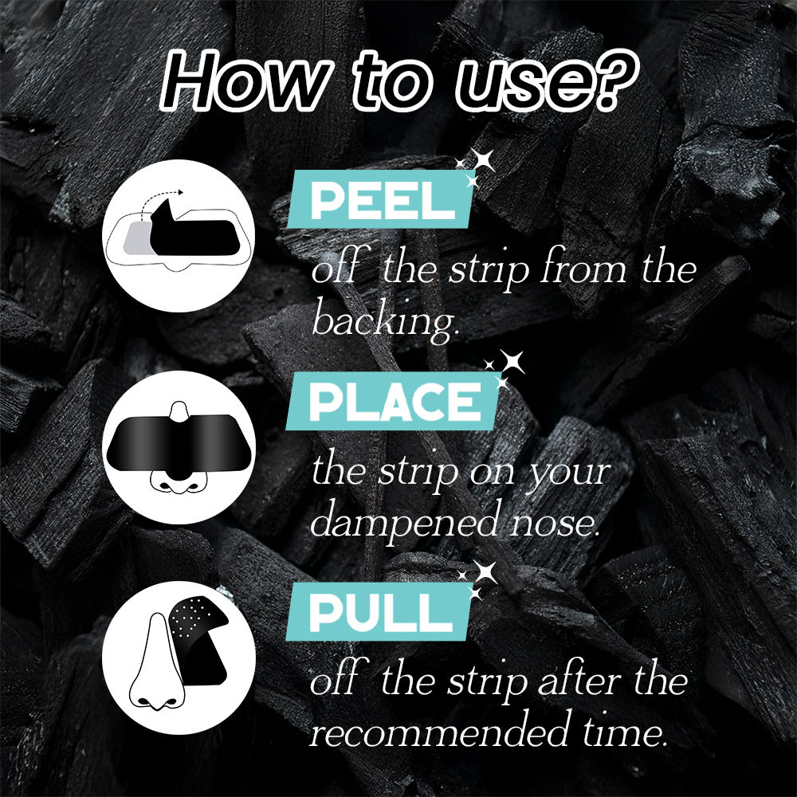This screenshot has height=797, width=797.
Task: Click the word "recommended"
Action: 438,730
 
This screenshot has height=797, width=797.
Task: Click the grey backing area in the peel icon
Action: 137,238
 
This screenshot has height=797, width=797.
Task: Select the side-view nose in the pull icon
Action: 156,663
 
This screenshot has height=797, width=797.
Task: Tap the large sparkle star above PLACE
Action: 512,361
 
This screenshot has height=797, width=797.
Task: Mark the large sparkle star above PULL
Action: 485,572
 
